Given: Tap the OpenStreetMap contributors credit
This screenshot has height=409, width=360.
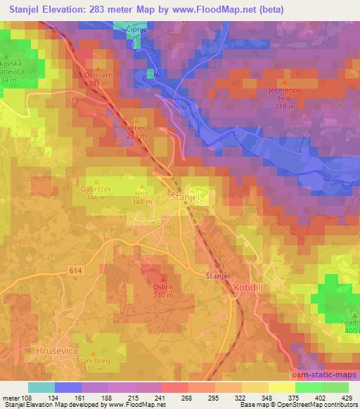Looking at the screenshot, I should (x=319, y=405).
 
